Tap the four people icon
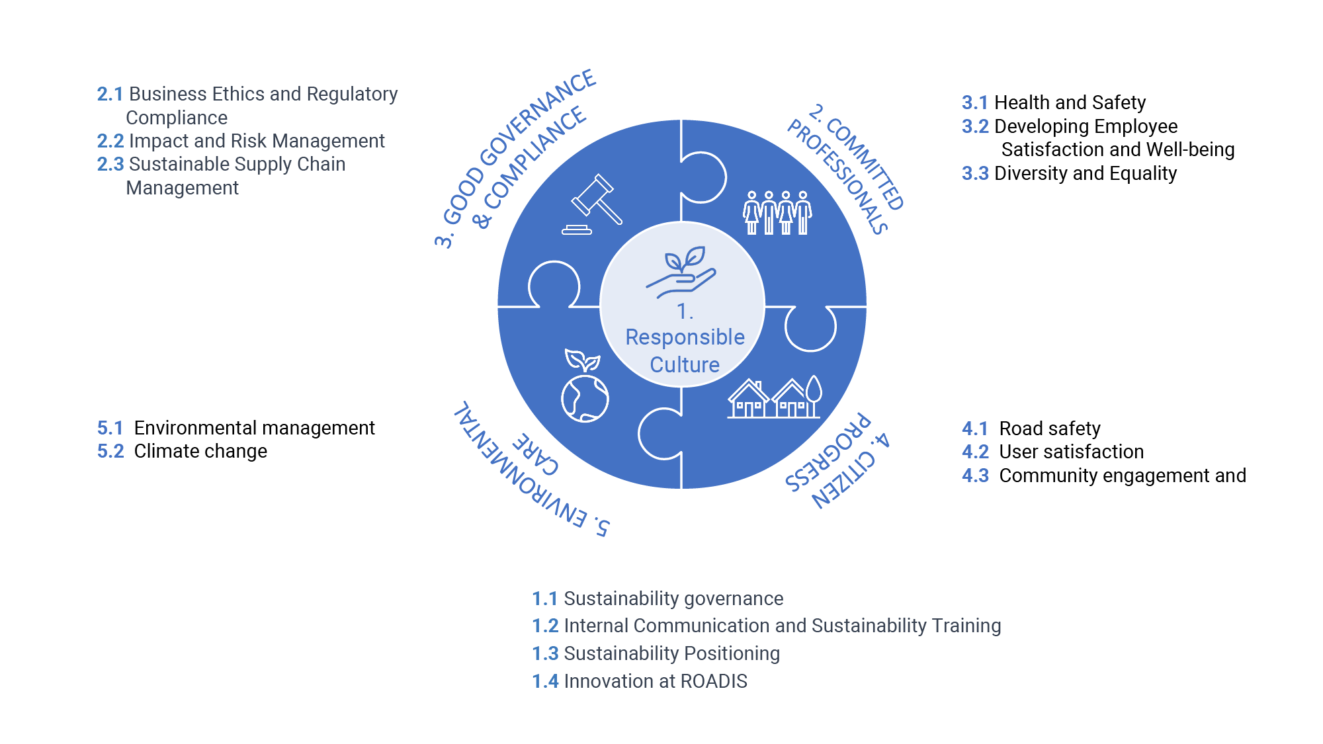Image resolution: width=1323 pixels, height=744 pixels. [x=777, y=213]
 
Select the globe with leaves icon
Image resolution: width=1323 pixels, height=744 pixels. [x=584, y=387]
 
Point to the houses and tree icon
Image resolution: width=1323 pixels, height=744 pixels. [x=774, y=398]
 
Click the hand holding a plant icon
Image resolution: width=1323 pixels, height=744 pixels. [x=681, y=271]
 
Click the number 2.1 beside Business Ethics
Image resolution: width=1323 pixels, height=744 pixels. [x=110, y=94]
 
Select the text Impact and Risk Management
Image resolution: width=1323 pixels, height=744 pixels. [x=257, y=141]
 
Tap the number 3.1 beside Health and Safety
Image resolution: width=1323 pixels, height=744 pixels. [x=974, y=103]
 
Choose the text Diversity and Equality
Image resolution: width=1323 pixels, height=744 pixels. [x=1086, y=173]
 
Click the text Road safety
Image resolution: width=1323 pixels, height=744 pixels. [x=1050, y=429]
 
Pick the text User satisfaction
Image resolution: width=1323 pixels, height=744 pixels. [x=1071, y=452]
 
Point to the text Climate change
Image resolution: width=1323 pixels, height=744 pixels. [x=200, y=451]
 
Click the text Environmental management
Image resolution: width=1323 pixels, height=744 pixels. [x=254, y=428]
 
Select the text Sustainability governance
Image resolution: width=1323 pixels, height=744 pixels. [x=673, y=599]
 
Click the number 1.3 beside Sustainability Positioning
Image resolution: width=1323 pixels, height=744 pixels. [x=545, y=653]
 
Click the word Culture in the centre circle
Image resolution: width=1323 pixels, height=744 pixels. [x=685, y=364]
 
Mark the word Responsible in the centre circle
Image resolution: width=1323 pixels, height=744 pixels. [x=685, y=337]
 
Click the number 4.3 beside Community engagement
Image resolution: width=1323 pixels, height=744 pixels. [x=975, y=475]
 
